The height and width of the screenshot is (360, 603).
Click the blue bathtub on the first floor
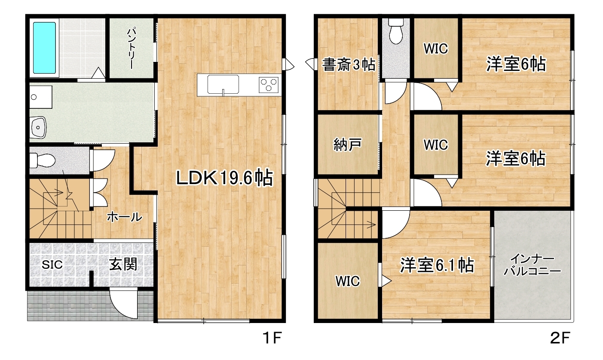click(x=44, y=48)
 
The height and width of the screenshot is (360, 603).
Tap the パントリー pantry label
click(x=132, y=48)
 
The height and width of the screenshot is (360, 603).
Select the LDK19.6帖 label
click(x=224, y=178)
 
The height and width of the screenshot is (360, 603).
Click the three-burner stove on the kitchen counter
click(x=269, y=85)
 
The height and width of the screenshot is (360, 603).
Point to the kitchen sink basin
click(x=223, y=85)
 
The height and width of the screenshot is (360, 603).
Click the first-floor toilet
click(x=42, y=160)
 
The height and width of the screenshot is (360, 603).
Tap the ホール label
click(x=124, y=217)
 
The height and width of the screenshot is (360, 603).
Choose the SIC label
click(x=52, y=265)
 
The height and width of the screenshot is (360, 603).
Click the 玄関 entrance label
click(x=123, y=264)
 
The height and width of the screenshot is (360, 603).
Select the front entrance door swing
click(x=124, y=304)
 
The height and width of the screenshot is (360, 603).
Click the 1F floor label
click(x=272, y=338)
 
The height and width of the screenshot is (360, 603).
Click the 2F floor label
click(x=560, y=338)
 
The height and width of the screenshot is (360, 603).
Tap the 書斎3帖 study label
click(x=349, y=65)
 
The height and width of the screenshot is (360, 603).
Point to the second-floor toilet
click(x=396, y=31)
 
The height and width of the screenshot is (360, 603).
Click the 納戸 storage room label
click(x=347, y=145)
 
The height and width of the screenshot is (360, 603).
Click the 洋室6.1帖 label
click(x=437, y=265)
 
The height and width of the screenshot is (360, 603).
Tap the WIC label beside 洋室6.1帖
click(x=348, y=281)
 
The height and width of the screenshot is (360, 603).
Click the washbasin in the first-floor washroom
click(x=39, y=127)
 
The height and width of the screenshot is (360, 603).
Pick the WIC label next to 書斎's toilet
click(x=436, y=49)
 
